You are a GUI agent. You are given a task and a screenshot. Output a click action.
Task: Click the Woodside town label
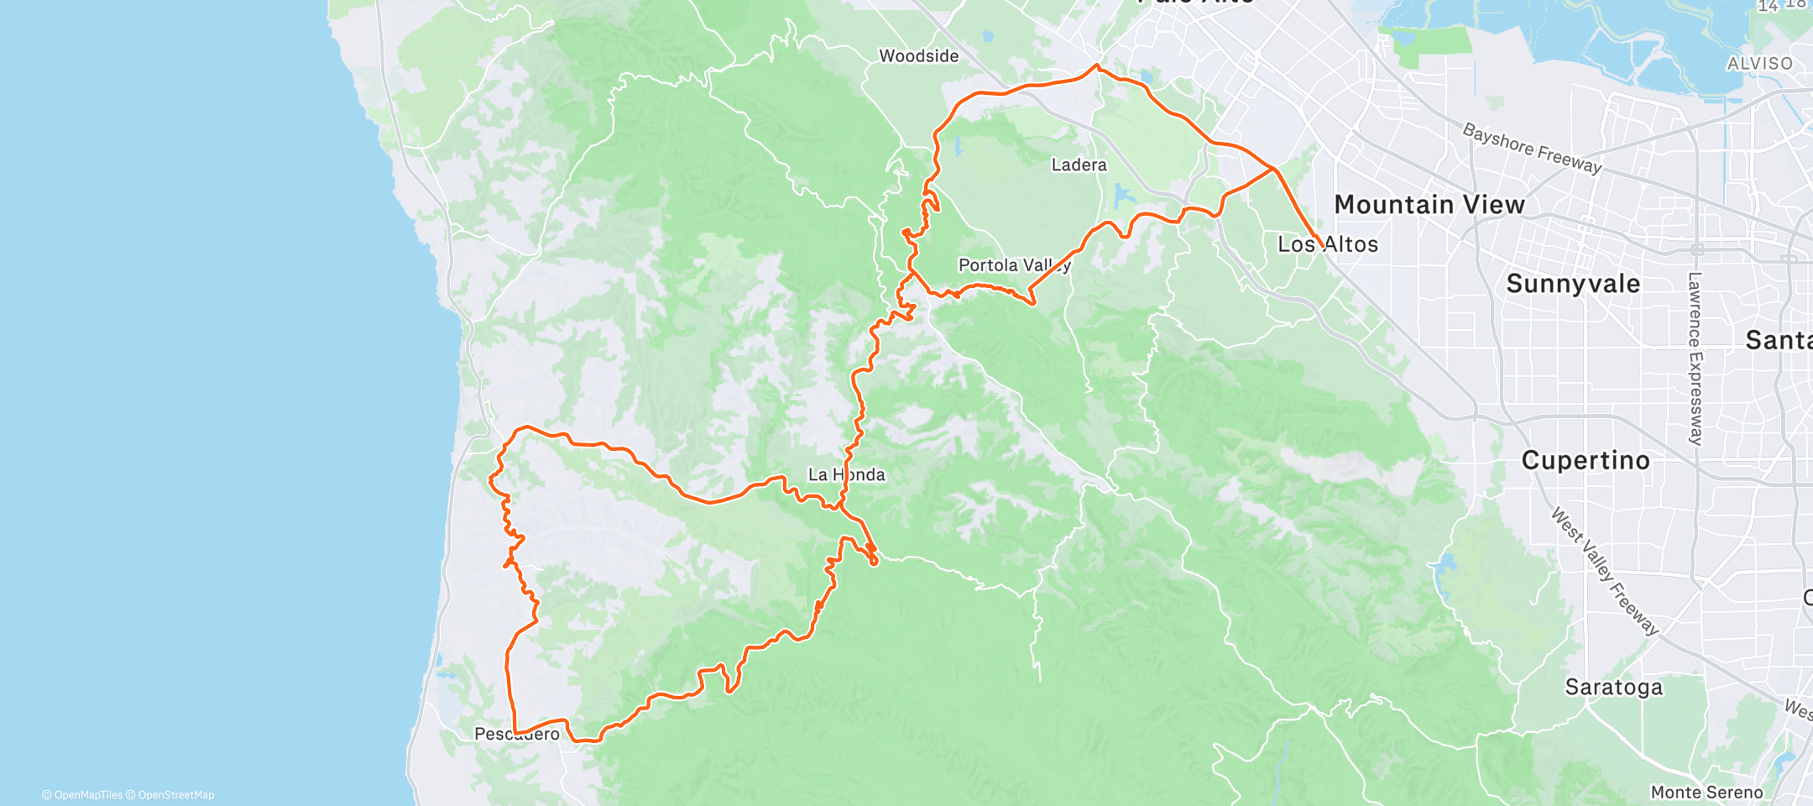click(x=918, y=56)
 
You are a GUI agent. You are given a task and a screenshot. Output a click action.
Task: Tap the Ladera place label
click(x=1079, y=165)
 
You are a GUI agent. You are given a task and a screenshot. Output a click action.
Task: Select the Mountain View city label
click(x=1429, y=205)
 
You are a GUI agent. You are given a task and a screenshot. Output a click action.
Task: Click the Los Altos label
click(x=1327, y=244)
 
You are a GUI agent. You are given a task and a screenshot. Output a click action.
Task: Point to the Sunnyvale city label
click(x=1572, y=284)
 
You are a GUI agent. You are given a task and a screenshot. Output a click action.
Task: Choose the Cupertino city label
click(x=1585, y=460)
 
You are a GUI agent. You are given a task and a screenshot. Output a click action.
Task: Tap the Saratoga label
click(x=1613, y=688)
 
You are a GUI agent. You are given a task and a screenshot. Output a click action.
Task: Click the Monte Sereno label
click(x=1706, y=793)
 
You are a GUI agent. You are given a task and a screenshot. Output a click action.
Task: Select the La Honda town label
click(x=846, y=475)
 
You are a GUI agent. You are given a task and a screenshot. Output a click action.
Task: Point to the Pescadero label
click(x=516, y=735)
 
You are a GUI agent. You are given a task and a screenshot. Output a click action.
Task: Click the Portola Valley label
click(x=1014, y=265)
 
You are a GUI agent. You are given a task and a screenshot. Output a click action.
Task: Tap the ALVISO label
click(x=1759, y=64)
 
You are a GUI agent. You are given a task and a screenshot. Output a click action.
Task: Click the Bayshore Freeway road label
click(x=1532, y=148)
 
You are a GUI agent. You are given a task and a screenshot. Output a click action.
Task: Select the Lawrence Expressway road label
click(x=1695, y=359)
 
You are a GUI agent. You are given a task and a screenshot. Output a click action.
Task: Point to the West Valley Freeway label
click(x=1604, y=571)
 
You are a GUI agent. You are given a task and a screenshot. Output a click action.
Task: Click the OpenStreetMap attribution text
click(x=175, y=795)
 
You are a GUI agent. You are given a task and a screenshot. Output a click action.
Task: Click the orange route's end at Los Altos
click(x=1323, y=247)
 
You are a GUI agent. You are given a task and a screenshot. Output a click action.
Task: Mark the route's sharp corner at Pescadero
click(x=515, y=733)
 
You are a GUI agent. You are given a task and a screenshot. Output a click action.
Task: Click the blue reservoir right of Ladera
click(x=1121, y=197)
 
